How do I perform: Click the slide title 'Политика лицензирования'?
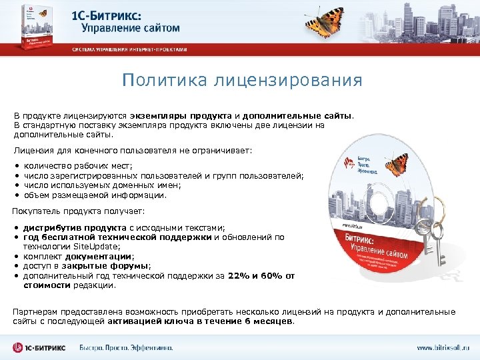tap(243, 81)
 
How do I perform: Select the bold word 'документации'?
tap(101, 255)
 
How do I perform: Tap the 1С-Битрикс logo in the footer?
tap(41, 347)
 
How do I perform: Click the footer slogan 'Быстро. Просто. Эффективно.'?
tap(126, 347)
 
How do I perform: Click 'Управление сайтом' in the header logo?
tap(131, 27)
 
